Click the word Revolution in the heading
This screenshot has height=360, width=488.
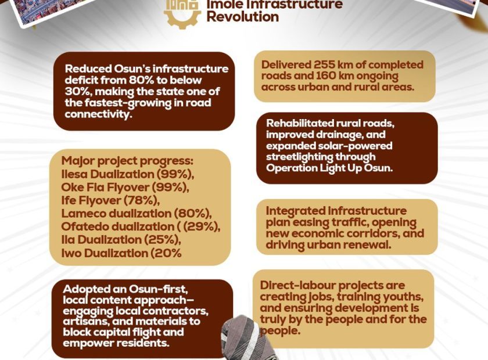242,17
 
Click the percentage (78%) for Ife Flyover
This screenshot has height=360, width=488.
142,200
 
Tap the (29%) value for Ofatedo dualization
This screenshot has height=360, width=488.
202,226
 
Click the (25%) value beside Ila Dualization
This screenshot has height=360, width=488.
162,240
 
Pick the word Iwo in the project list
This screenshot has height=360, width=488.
71,253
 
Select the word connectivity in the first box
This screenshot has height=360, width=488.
97,114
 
